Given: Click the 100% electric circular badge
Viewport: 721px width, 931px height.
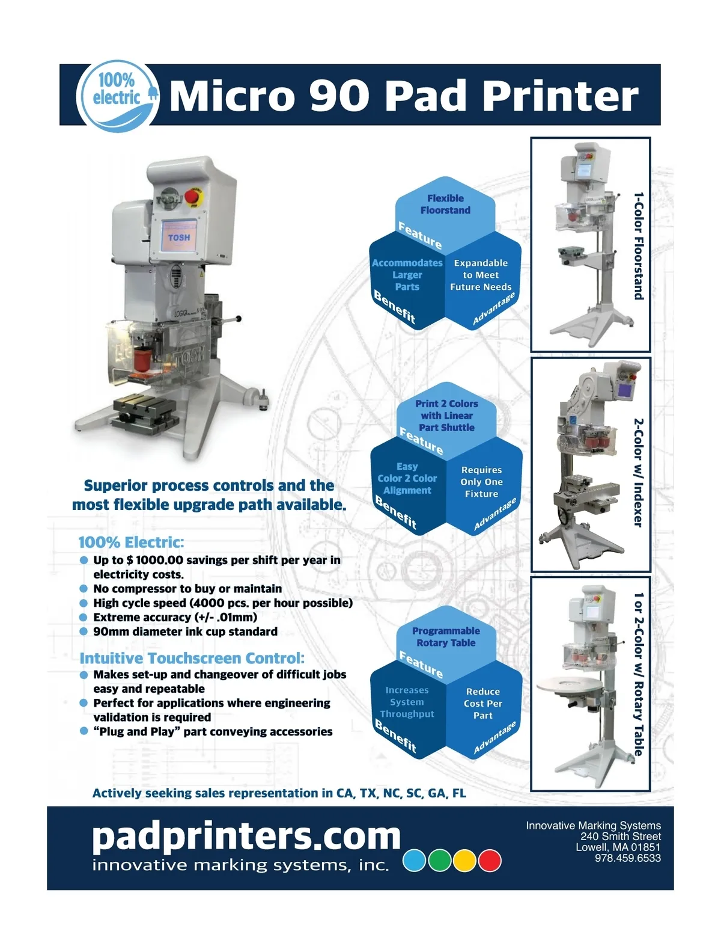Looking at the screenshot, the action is point(117,96).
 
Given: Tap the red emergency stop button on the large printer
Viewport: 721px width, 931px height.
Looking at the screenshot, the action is point(191,197).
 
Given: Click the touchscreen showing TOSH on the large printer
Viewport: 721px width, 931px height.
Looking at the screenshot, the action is point(179,236).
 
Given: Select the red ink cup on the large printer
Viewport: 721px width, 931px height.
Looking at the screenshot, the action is point(142,360).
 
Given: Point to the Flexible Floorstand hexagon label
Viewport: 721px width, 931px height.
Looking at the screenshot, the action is point(445,204).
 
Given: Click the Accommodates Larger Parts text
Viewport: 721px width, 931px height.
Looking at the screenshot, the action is point(407,275).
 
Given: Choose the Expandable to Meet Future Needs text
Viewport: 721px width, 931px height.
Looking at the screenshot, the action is point(481,275).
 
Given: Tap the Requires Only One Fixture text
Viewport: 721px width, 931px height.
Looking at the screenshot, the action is point(481,482).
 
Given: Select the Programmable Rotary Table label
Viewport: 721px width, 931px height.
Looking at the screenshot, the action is point(446,637).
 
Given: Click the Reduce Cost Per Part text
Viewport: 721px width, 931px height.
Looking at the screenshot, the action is point(482,703).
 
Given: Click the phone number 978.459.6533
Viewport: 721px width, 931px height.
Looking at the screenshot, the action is point(627,858).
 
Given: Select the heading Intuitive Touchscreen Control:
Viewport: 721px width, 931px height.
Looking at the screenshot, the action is point(192,658).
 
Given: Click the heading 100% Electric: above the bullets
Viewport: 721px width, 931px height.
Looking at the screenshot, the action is point(132,542).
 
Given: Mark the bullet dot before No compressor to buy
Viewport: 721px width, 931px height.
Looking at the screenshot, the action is point(84,589).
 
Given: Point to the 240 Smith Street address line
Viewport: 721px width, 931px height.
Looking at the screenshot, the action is point(621,836).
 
